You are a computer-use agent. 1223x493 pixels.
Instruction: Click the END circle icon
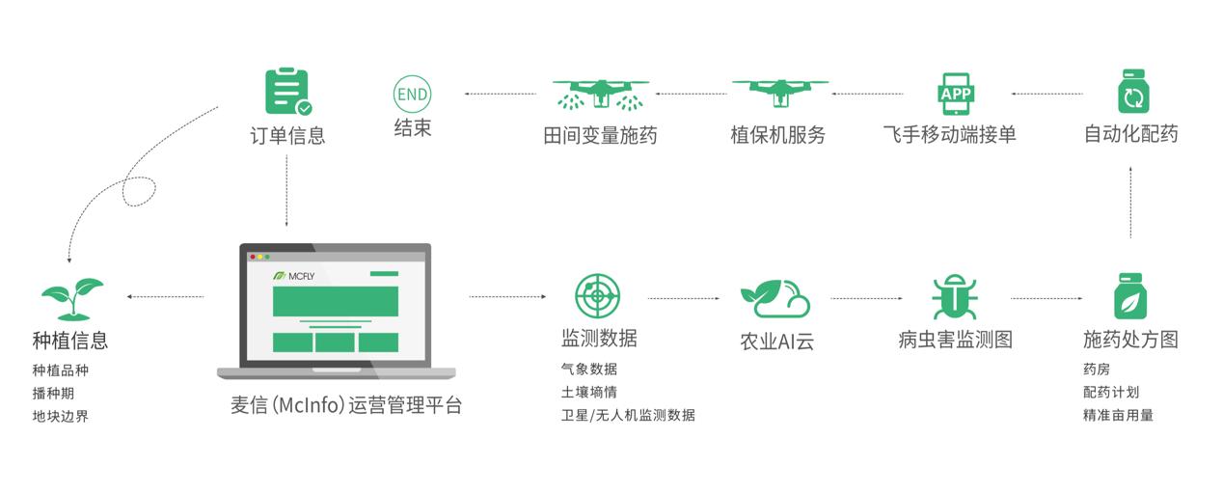tap(412, 95)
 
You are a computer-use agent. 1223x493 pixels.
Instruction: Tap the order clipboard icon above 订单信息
tap(287, 93)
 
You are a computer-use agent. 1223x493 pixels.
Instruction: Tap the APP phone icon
tap(956, 94)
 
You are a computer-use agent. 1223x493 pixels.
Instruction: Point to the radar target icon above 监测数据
tap(598, 296)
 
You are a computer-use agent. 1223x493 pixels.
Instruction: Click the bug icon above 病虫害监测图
tap(955, 297)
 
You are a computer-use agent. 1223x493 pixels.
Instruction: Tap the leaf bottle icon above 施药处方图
tap(1130, 296)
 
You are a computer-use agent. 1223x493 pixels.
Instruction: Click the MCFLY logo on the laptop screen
tap(295, 276)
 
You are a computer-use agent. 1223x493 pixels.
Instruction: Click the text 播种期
tap(53, 394)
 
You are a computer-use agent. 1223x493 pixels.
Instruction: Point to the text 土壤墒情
tap(589, 393)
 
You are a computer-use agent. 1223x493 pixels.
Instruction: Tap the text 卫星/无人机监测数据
tap(628, 415)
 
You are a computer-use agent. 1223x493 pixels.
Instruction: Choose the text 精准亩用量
tap(1118, 415)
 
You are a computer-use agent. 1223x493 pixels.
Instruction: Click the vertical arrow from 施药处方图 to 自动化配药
tap(1130, 201)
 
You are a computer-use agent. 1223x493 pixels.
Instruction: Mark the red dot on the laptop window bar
tap(253, 257)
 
